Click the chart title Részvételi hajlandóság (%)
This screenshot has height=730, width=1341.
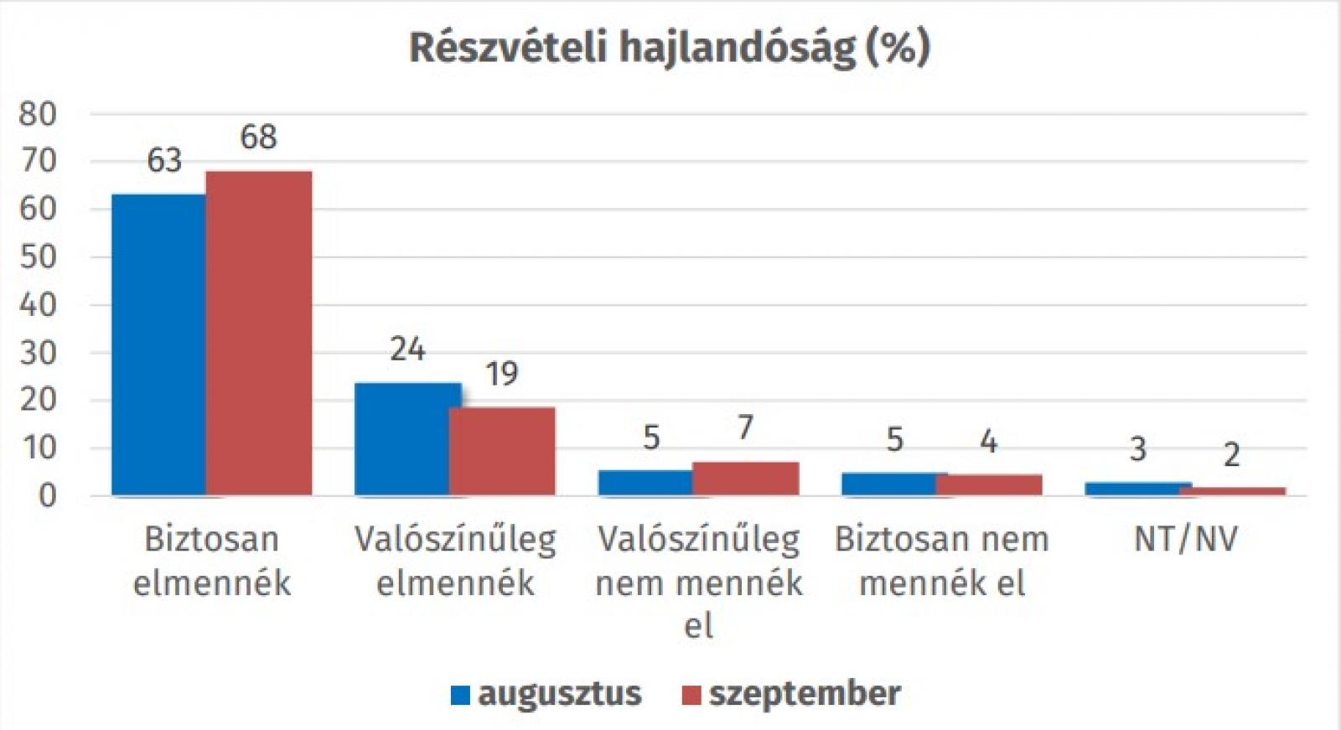tap(669, 49)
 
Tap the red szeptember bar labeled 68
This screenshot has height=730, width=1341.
tap(259, 333)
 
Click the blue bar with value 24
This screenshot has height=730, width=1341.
tap(402, 438)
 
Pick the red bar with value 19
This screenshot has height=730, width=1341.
tap(502, 451)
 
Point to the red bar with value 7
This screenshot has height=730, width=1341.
tap(745, 478)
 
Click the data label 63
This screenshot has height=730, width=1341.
tap(164, 160)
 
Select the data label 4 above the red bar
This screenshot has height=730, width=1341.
tap(989, 442)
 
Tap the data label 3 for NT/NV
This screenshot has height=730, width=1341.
tap(1137, 449)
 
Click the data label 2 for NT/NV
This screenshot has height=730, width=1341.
tap(1231, 455)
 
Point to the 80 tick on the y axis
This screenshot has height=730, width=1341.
tap(37, 114)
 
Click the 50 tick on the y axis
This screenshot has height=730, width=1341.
tap(37, 256)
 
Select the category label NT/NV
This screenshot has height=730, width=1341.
tap(1185, 539)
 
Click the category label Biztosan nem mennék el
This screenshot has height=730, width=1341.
tap(942, 561)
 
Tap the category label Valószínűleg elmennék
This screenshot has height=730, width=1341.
tap(455, 561)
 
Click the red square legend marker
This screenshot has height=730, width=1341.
tap(691, 695)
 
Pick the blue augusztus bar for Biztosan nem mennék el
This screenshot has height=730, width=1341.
tap(889, 484)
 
